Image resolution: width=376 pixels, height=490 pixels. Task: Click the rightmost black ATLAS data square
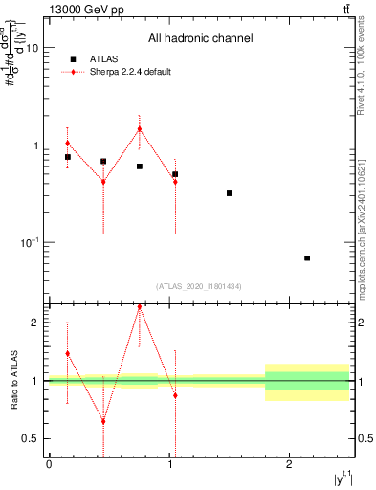point(307,258)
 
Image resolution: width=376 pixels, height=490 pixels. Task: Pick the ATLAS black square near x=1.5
point(230,193)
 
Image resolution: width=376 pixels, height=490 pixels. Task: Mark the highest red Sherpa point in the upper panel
point(140,129)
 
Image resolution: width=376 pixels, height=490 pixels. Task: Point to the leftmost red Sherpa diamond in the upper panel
point(67,143)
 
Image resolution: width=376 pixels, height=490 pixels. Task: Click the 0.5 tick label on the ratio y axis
point(33,438)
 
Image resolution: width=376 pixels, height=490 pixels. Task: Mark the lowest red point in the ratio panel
point(103,421)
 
